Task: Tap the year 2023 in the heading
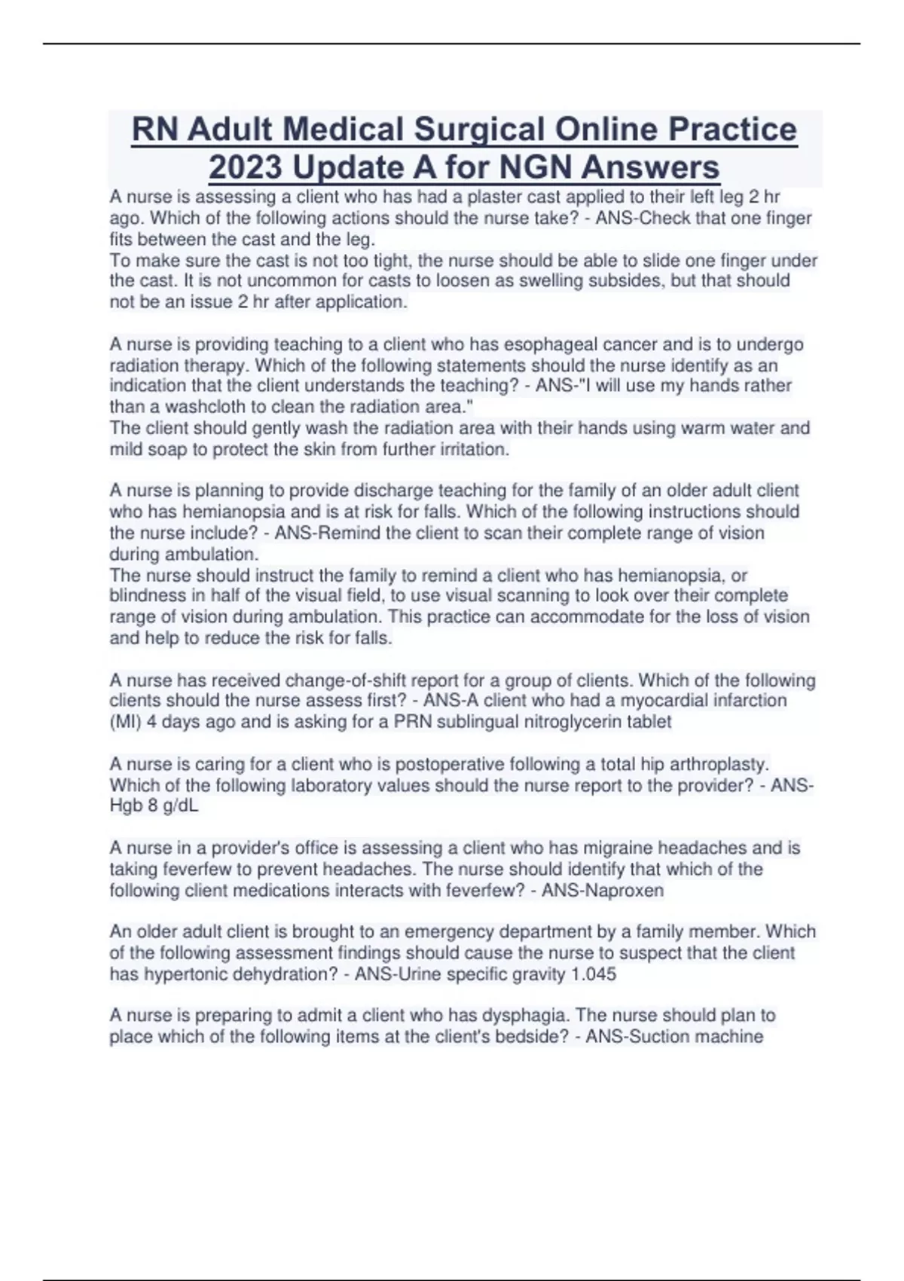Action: tap(246, 167)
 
